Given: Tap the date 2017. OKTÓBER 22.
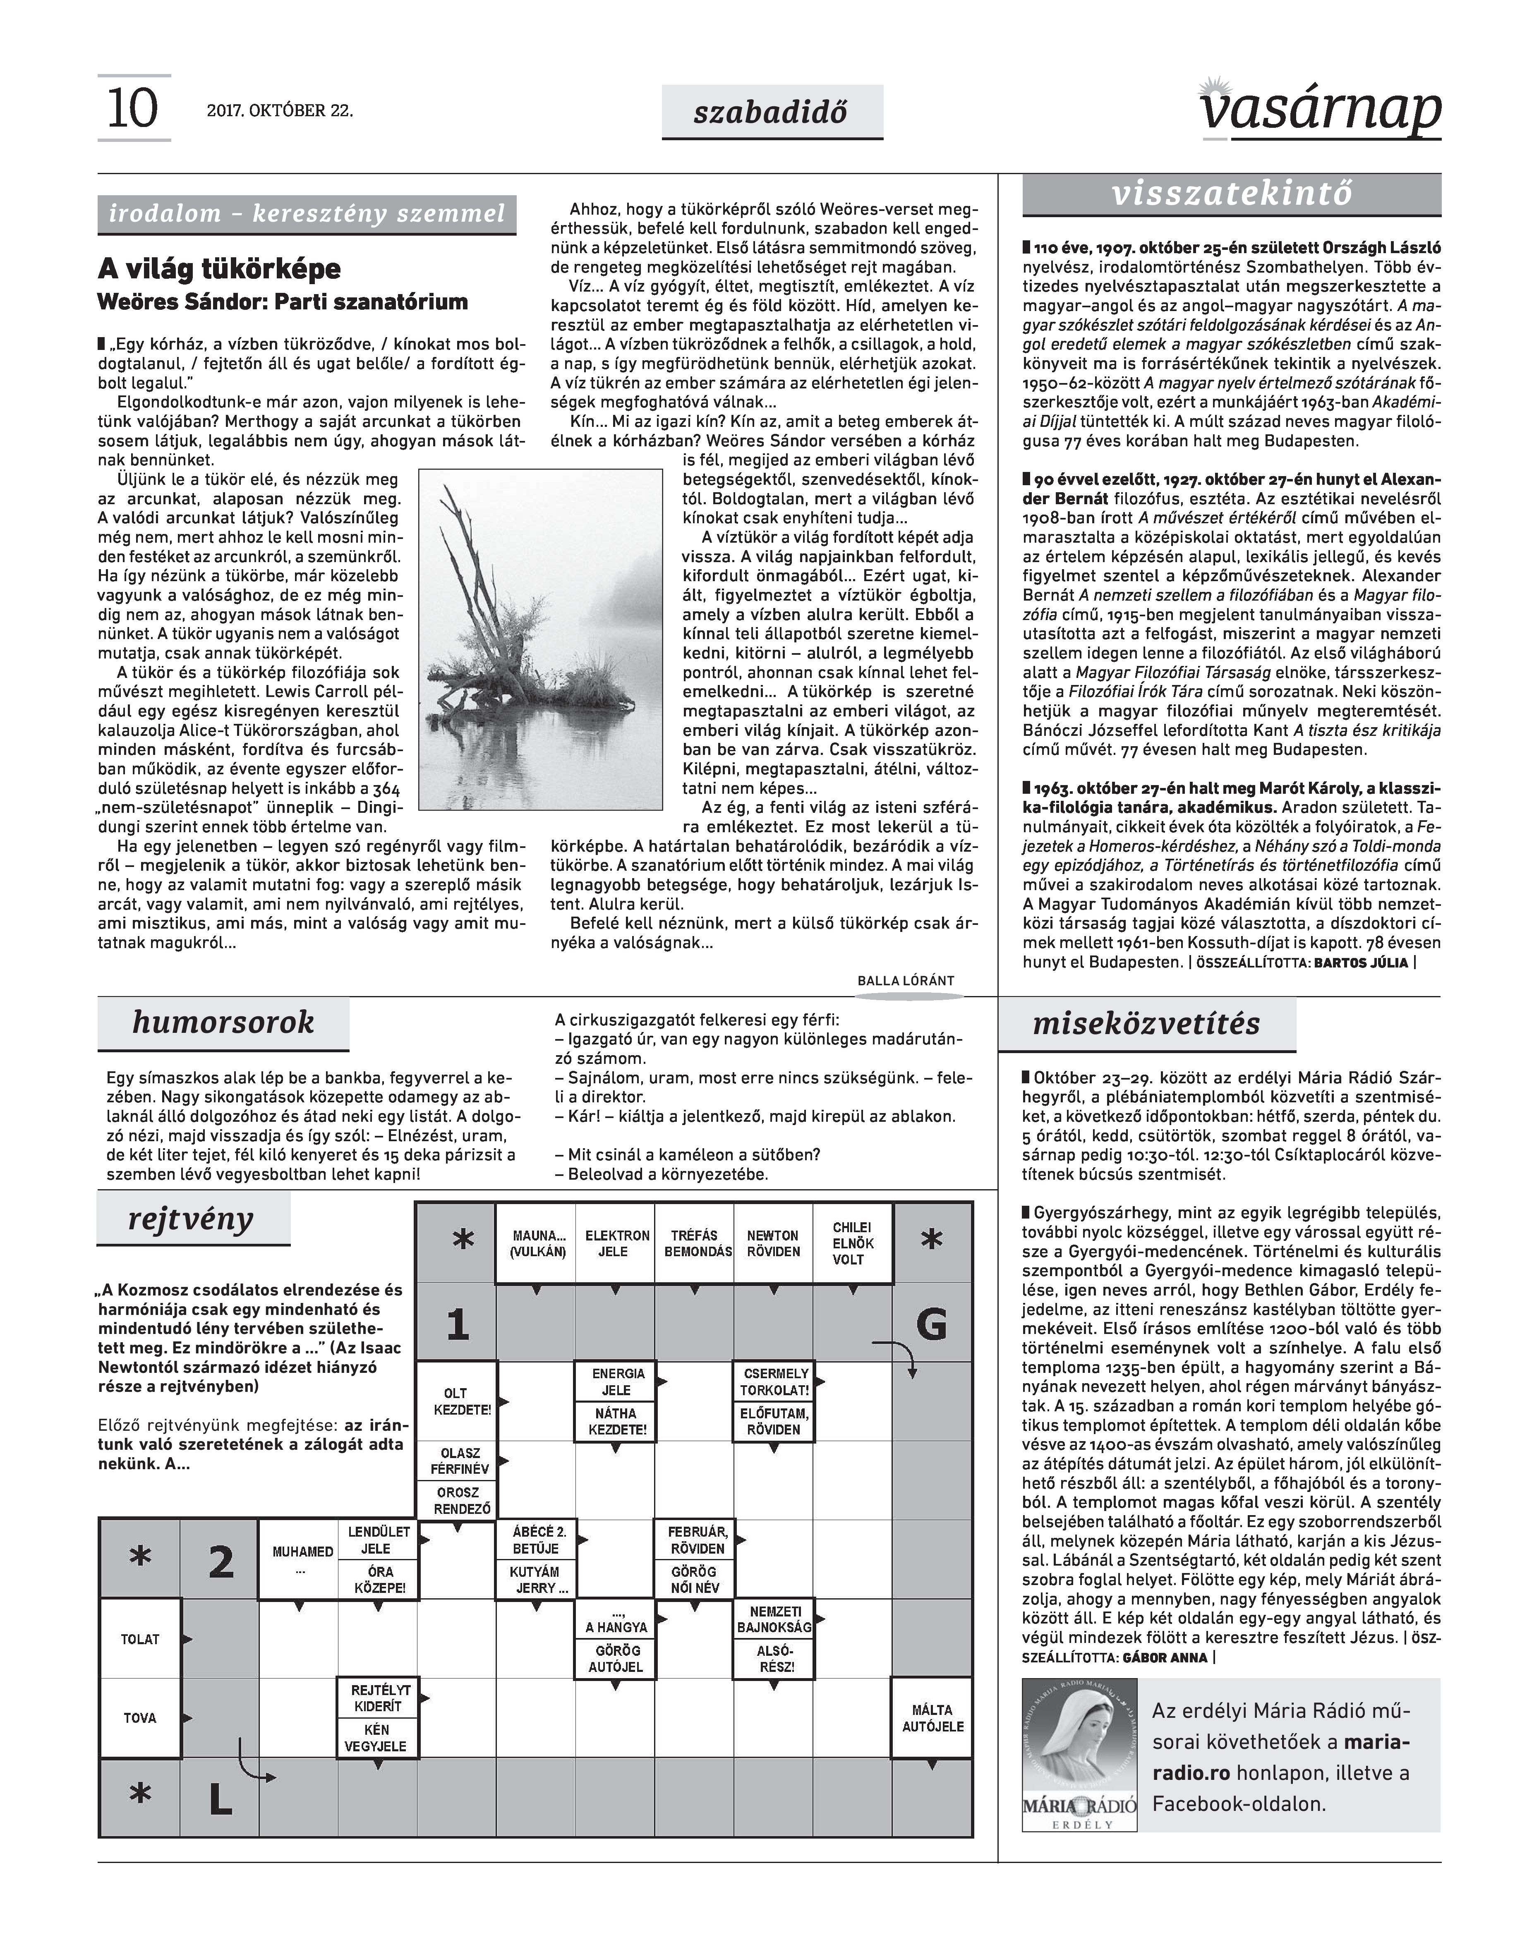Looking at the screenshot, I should [280, 112].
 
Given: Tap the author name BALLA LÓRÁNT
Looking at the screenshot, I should [906, 981].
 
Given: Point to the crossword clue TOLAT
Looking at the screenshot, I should [140, 1640].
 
